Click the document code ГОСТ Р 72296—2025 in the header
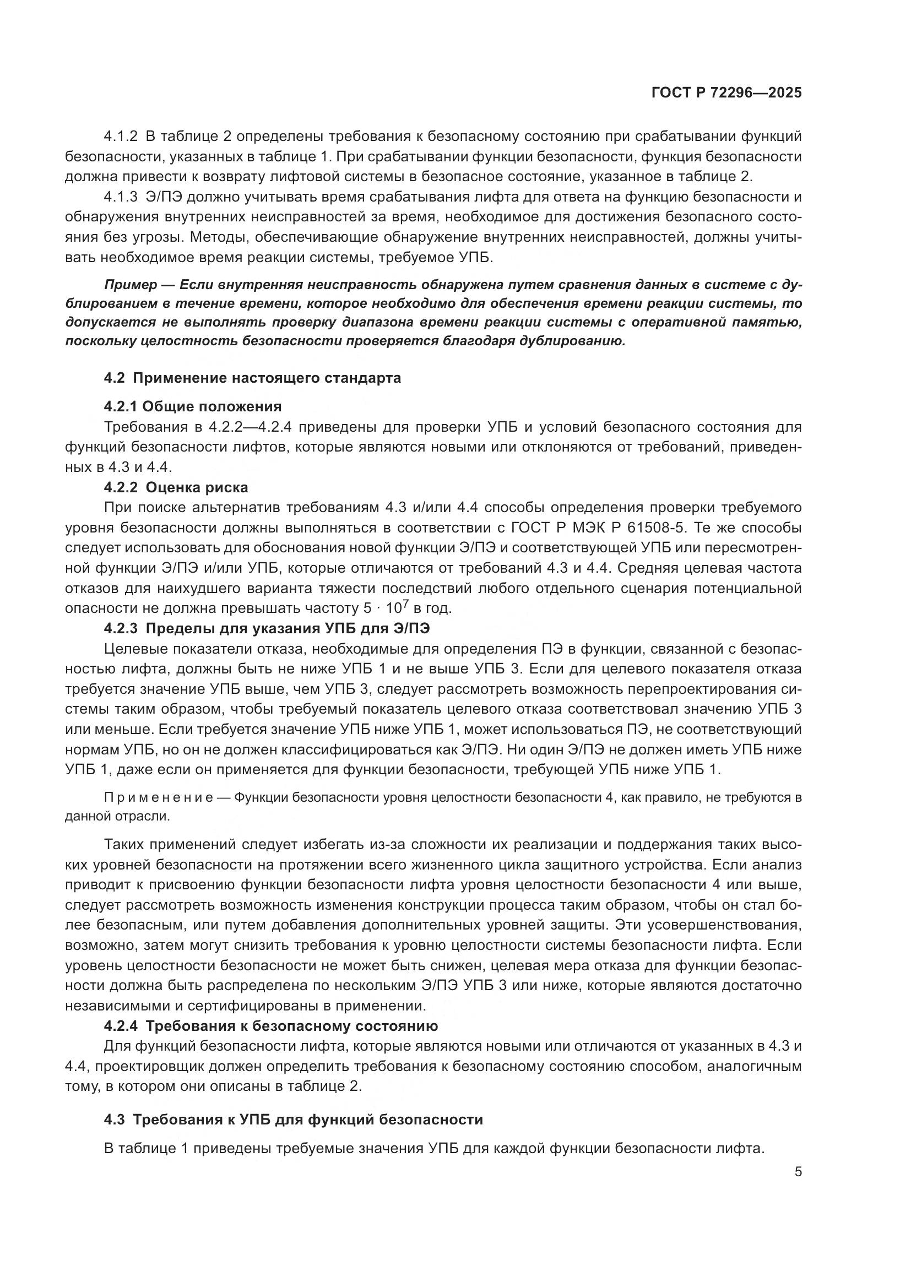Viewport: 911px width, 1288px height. click(726, 93)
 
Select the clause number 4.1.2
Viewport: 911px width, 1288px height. click(121, 137)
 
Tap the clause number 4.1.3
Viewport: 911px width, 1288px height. click(121, 197)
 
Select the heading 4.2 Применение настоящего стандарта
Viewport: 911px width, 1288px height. click(252, 378)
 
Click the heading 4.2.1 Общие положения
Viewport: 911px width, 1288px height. click(192, 406)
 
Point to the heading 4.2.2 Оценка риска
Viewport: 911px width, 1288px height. click(176, 487)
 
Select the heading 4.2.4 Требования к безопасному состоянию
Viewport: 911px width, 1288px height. click(270, 1026)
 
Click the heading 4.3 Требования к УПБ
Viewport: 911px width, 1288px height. click(293, 1119)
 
